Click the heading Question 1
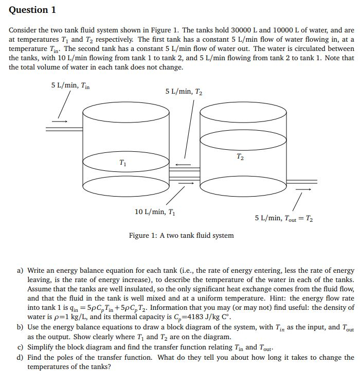click(32, 10)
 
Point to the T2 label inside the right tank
click(240, 156)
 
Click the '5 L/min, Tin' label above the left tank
click(70, 85)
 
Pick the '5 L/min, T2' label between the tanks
click(184, 92)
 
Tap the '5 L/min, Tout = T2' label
click(284, 218)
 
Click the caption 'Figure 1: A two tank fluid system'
click(181, 235)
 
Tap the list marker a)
click(21, 270)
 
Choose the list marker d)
click(21, 357)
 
